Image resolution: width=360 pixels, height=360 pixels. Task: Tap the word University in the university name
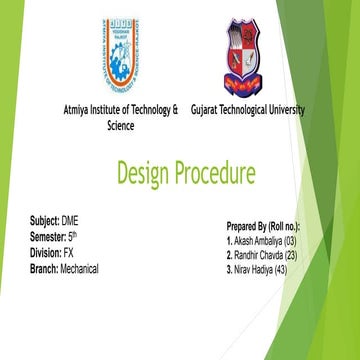point(282,110)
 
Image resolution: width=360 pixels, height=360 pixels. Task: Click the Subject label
point(44,219)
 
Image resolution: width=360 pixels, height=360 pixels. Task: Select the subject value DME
point(70,219)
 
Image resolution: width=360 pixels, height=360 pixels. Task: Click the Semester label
point(47,236)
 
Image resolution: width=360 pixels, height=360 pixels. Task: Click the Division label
point(45,253)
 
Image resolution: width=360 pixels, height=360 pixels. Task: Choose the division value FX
point(68,253)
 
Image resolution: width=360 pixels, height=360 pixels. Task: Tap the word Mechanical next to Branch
point(79,270)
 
